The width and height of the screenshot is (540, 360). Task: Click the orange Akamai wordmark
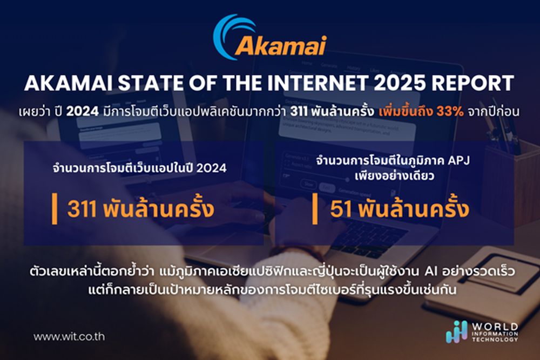(280, 46)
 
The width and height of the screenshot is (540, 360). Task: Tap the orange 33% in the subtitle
(450, 112)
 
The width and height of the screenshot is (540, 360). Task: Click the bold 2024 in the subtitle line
(83, 112)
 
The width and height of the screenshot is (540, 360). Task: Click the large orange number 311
(82, 209)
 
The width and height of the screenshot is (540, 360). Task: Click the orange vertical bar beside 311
(55, 208)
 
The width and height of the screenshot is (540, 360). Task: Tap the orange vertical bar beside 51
(315, 208)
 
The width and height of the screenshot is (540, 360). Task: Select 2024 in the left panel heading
(212, 168)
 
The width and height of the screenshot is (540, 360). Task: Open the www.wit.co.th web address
(69, 336)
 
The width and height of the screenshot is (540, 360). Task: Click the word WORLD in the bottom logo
(495, 327)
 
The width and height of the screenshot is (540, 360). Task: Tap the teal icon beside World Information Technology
(457, 332)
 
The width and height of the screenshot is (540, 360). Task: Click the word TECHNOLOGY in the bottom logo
(495, 339)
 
